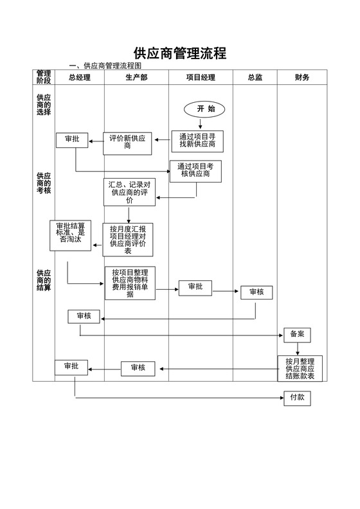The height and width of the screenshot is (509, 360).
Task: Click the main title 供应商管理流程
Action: coord(179,53)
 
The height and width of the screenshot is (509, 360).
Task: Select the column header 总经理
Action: coord(79,78)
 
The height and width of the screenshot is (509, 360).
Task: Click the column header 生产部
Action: coord(136,78)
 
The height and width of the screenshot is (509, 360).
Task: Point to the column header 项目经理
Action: coord(201,78)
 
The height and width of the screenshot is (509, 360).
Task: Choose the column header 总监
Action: coord(255,78)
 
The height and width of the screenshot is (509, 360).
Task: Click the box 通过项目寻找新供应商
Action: coord(197,141)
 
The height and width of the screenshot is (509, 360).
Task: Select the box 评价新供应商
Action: coord(127,143)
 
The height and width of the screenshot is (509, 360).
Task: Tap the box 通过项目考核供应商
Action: coord(196,170)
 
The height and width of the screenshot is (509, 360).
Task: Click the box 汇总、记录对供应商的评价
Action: coord(129,192)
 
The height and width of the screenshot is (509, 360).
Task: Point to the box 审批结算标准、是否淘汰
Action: coord(71,235)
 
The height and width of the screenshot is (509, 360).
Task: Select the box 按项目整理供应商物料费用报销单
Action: coord(130,283)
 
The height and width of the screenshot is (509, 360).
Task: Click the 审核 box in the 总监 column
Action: coord(256,292)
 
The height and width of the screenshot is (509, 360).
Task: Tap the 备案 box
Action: coord(297,335)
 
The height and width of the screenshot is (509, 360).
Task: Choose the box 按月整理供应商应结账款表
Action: coord(300,369)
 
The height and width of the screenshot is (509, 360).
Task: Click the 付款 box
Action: coord(297,398)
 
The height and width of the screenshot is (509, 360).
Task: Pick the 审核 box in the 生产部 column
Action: coord(138,368)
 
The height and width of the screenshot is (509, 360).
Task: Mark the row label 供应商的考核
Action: coord(43,183)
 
